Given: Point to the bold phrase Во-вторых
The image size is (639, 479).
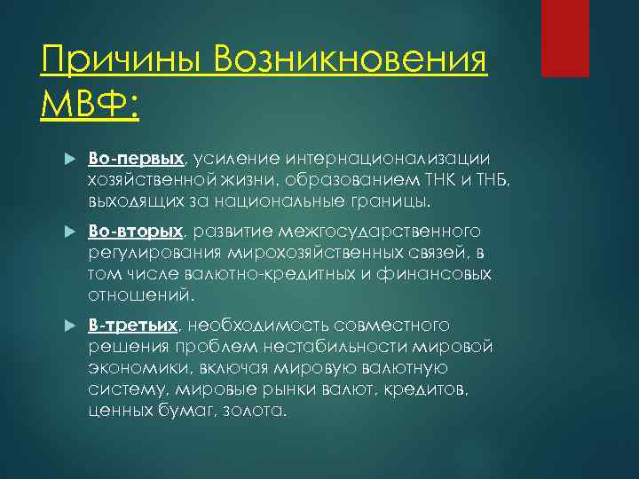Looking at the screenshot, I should point(136,232).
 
